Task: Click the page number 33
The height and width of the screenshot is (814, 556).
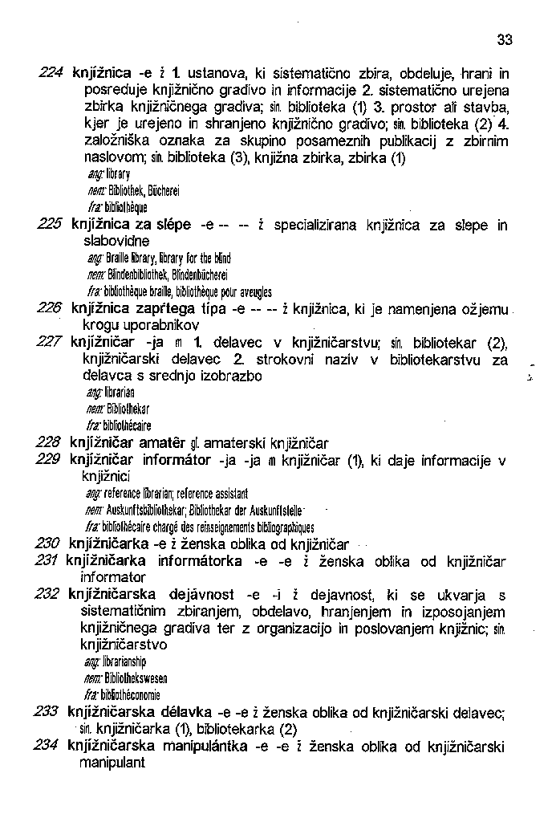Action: coord(504,39)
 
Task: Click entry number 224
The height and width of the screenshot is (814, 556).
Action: coord(51,71)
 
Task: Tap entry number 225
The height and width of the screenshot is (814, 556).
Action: coord(51,225)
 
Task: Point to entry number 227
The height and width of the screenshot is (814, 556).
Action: coord(50,343)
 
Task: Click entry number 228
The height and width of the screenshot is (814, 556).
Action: coord(50,442)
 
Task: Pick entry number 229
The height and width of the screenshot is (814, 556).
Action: coord(50,460)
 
